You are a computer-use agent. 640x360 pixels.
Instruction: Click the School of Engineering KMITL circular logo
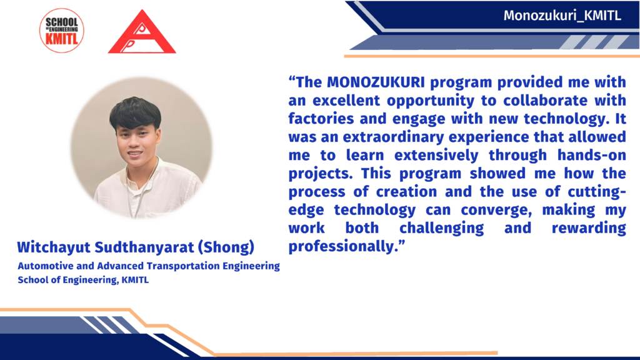pyautogui.click(x=62, y=31)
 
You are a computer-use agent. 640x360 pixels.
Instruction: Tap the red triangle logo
pyautogui.click(x=142, y=32)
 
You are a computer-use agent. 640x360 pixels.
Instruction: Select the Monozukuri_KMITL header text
pyautogui.click(x=562, y=16)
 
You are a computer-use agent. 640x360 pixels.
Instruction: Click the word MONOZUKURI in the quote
pyautogui.click(x=376, y=82)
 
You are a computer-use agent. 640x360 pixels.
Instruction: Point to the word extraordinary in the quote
pyautogui.click(x=393, y=137)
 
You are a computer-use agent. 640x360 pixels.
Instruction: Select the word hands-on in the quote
pyautogui.click(x=592, y=155)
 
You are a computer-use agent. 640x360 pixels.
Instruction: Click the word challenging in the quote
pyautogui.click(x=442, y=228)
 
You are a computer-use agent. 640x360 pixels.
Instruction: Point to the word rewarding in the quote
pyautogui.click(x=589, y=228)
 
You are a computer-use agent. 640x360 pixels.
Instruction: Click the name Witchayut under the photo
pyautogui.click(x=54, y=247)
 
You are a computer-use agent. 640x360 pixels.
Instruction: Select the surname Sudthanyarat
pyautogui.click(x=144, y=247)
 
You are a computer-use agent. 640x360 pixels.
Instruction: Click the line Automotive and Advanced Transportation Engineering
pyautogui.click(x=149, y=266)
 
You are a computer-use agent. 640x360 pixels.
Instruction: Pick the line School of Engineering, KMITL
pyautogui.click(x=83, y=280)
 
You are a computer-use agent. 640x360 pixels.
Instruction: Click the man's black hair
pyautogui.click(x=135, y=112)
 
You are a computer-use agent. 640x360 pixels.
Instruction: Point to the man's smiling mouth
pyautogui.click(x=135, y=154)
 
